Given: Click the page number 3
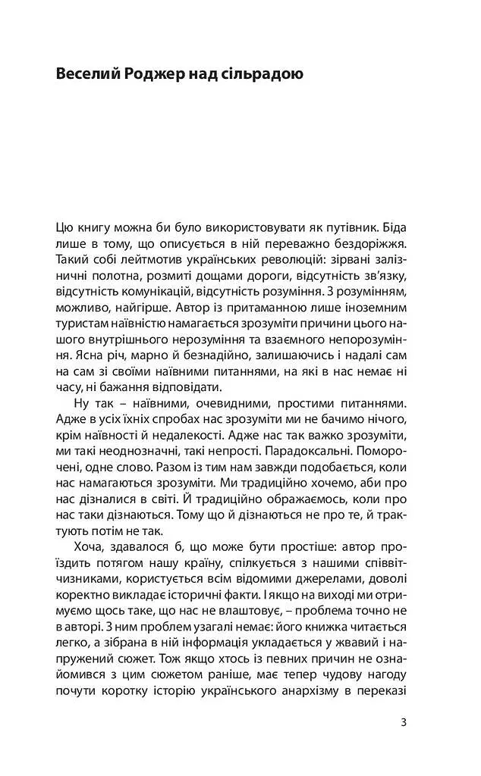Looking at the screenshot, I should tap(404, 721).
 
